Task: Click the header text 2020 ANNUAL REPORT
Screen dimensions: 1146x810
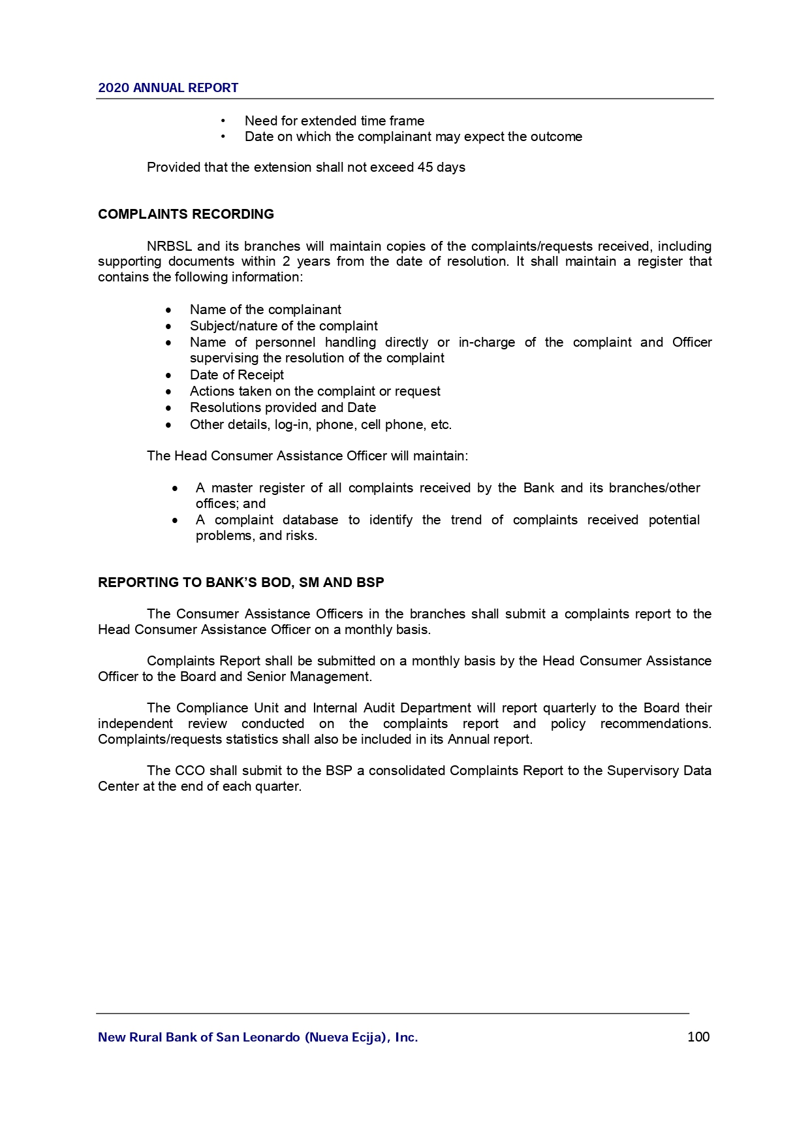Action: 168,88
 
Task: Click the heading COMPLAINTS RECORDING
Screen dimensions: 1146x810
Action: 186,214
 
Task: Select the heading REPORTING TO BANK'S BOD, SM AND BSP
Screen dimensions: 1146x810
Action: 241,582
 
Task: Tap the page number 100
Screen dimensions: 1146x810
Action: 698,1037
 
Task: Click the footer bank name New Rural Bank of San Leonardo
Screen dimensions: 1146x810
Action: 258,1037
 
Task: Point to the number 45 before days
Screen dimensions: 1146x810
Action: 425,167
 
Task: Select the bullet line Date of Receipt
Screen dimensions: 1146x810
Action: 236,375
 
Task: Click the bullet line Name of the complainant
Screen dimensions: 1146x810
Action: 265,310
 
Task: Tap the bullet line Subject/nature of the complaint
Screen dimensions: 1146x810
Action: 283,326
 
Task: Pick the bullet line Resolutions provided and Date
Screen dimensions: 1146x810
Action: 283,407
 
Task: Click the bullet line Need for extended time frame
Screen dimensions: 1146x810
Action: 334,121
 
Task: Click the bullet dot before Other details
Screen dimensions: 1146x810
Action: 169,425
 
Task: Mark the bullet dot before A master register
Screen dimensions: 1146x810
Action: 175,488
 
